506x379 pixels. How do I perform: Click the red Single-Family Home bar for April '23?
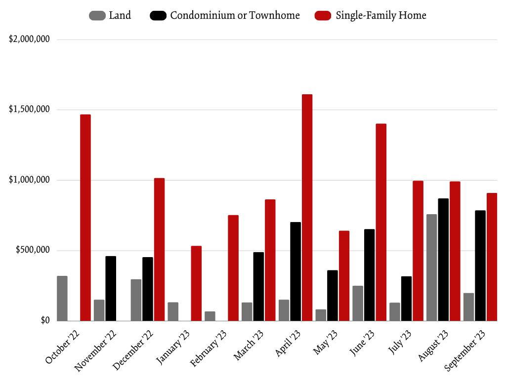(x=307, y=207)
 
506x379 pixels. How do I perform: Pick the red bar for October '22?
(x=85, y=218)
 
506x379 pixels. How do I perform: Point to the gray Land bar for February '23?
(x=210, y=316)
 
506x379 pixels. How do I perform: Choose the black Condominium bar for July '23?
(x=406, y=299)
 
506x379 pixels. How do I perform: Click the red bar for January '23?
(x=196, y=283)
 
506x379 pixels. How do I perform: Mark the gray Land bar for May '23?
(x=321, y=315)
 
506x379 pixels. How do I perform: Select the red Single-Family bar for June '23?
(x=381, y=222)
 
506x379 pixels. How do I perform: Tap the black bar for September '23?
(x=480, y=265)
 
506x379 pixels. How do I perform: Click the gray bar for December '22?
(x=136, y=300)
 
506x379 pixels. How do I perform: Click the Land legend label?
(x=120, y=15)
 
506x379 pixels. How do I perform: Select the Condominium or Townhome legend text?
(x=235, y=15)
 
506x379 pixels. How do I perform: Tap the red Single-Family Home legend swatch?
(x=323, y=16)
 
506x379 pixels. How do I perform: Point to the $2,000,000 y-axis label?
(x=29, y=39)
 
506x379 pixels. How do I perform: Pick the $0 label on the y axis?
(x=45, y=320)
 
